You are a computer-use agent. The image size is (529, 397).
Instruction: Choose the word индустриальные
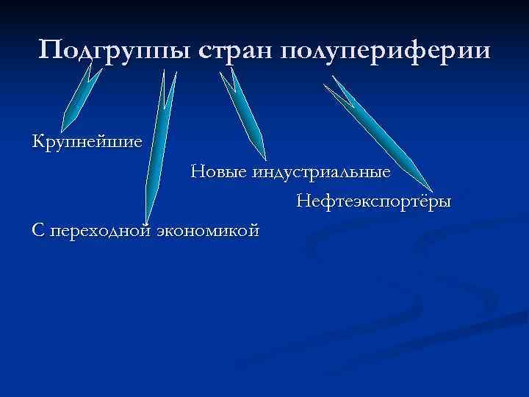(322, 174)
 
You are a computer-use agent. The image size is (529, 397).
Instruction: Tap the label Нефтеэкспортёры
(374, 201)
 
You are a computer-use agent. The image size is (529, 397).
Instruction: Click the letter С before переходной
(38, 230)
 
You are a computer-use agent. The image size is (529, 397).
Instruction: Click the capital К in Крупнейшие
(38, 140)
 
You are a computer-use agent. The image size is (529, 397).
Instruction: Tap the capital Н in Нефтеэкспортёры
(303, 201)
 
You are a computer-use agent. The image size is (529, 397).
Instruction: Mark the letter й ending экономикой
(254, 230)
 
